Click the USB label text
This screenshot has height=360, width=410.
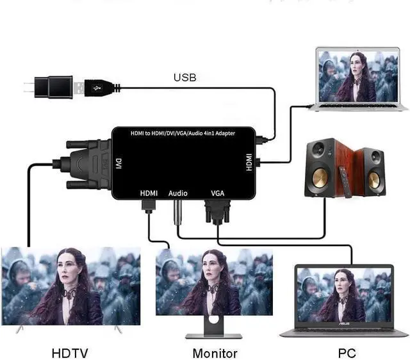point(184,78)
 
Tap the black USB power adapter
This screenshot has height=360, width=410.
point(51,87)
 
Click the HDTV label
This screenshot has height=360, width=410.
point(70,352)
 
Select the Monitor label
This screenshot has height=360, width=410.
point(215,352)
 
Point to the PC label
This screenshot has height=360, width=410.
point(347,352)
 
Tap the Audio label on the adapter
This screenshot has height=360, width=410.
point(177,192)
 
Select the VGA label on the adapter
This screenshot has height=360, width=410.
point(218,192)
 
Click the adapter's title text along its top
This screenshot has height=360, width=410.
point(183,133)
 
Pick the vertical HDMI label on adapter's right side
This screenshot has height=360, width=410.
point(249,161)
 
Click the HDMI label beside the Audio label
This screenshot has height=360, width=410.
point(149,192)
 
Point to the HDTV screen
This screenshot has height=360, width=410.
point(70,285)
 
